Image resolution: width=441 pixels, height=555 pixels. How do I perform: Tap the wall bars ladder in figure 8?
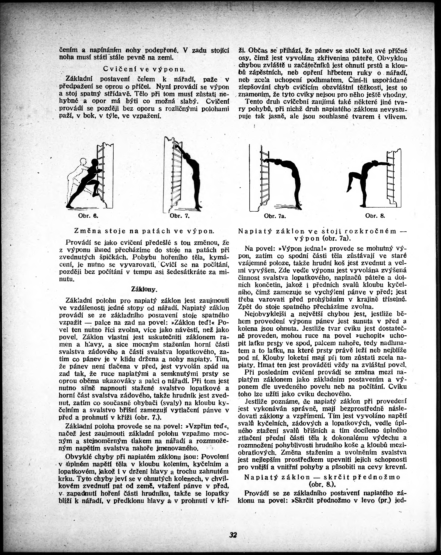[391, 178]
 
